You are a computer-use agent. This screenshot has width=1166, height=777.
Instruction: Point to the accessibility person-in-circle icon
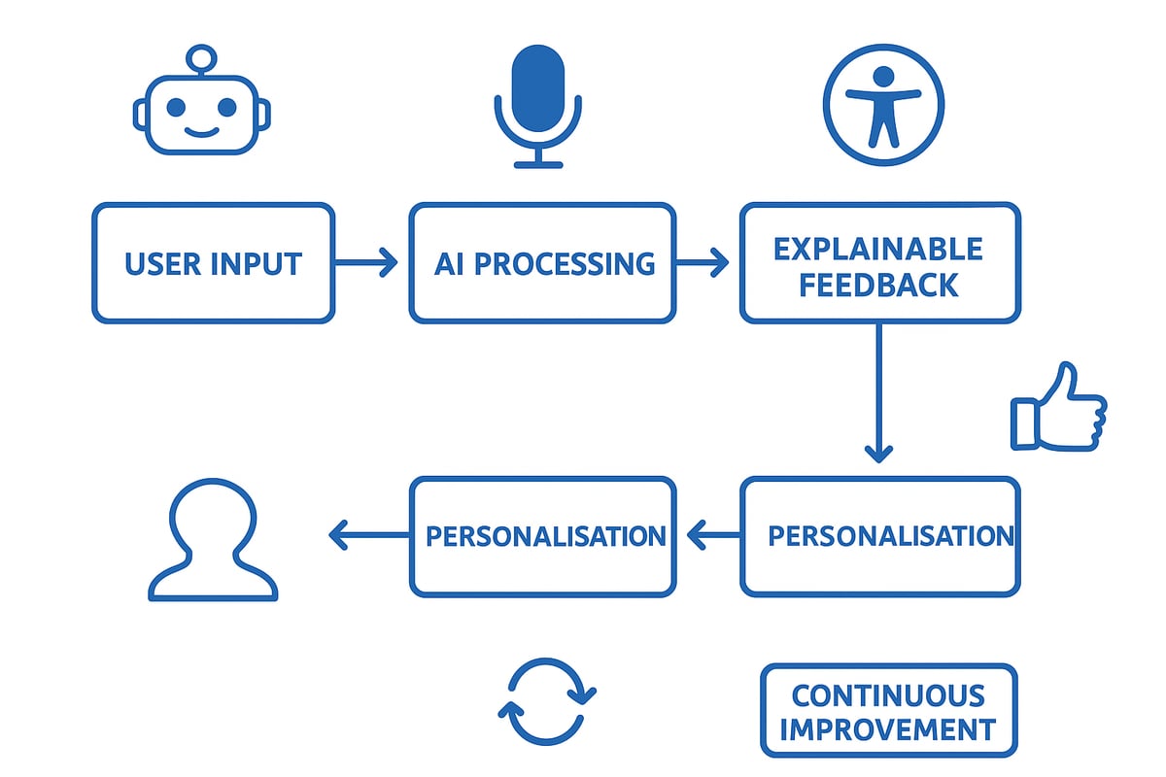point(883,105)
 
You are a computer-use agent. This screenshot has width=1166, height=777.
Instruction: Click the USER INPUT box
point(214,263)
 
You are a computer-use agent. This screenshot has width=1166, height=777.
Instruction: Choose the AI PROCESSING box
point(542,263)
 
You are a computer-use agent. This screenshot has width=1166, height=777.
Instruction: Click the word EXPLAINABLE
point(878,249)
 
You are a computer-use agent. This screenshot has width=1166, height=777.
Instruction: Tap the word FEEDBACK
point(878,285)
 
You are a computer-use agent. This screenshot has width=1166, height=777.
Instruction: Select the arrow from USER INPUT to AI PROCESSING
point(365,262)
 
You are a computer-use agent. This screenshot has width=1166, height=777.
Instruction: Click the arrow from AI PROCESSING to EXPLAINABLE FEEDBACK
point(702,262)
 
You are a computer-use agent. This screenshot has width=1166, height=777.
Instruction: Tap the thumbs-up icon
point(1057,409)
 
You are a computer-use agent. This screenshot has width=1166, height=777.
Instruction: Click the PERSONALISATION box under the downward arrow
point(880,536)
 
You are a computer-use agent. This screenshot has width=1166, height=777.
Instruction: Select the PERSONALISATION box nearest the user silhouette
point(542,536)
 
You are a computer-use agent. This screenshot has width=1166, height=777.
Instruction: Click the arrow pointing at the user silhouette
point(369,534)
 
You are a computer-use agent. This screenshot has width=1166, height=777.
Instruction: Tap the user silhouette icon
point(213,541)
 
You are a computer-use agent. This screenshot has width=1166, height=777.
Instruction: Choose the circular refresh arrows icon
point(547,702)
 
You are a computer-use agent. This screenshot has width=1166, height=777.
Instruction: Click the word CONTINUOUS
point(888,695)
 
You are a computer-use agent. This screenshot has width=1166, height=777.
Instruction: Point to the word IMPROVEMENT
point(888,729)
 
